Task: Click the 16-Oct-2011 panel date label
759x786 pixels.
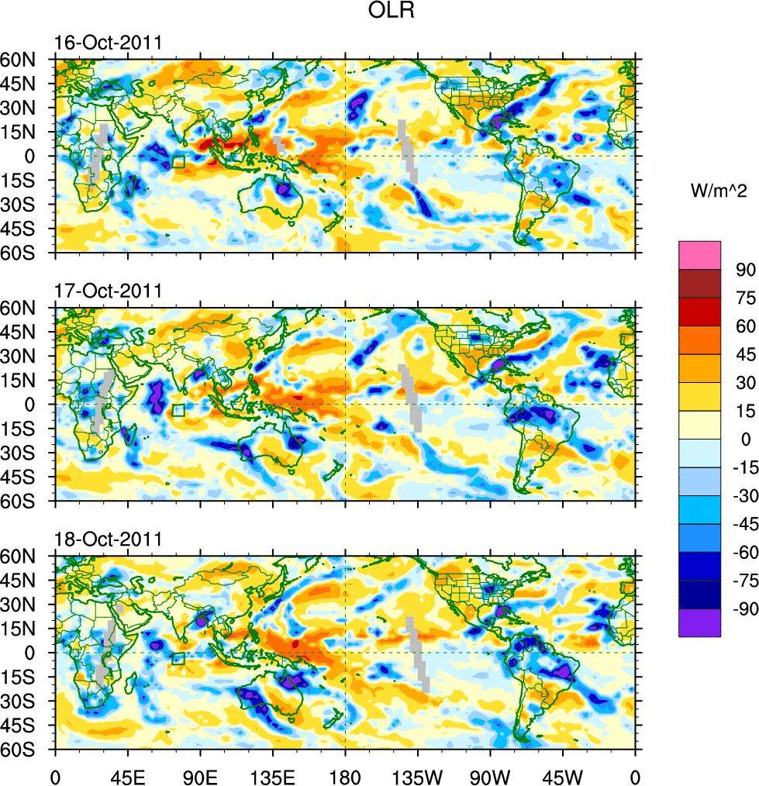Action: click(x=108, y=43)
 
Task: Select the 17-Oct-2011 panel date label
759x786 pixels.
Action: click(x=108, y=291)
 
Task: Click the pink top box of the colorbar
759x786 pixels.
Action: click(x=699, y=255)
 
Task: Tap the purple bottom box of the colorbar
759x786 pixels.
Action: click(x=699, y=623)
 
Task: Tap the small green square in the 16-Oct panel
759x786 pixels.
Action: click(x=178, y=162)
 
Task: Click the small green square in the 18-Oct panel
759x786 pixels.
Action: click(x=178, y=659)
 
